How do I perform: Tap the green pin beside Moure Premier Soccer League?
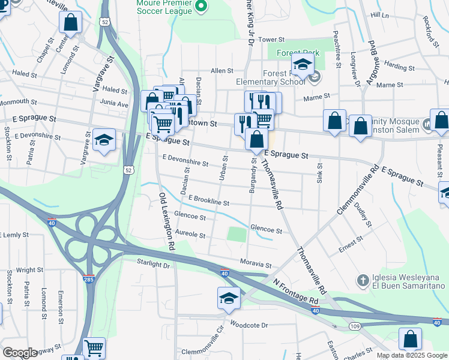coord(202,7)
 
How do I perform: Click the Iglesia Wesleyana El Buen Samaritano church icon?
coord(362,280)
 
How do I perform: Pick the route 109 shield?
coord(355,325)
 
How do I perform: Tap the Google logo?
coord(19,353)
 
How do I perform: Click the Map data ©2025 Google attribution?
coord(412,355)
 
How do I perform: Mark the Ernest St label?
coord(347,246)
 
